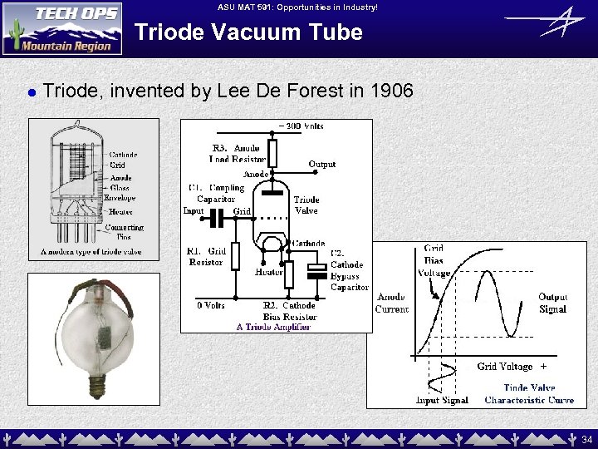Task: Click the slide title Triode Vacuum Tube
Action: (248, 32)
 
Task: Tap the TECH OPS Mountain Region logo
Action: (62, 28)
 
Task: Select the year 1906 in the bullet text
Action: (391, 91)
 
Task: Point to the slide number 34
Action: (587, 439)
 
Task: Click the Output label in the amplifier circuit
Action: (321, 164)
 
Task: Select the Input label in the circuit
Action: (193, 210)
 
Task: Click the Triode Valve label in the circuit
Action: (306, 205)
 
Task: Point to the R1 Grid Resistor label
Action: (206, 256)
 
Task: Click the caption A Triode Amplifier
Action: (273, 327)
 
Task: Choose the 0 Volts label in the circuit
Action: (211, 305)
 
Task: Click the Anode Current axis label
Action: (391, 303)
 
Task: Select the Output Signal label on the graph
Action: (552, 303)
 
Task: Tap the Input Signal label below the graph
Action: (442, 400)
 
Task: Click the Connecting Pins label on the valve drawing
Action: (124, 231)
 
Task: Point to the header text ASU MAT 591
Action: (298, 7)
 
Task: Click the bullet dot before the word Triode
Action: (30, 92)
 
